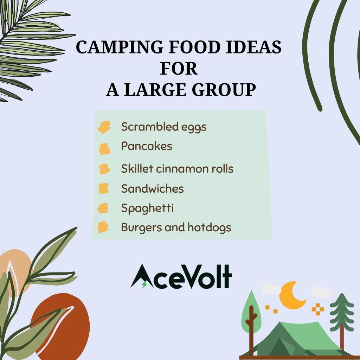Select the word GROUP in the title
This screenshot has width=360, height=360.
pos(224,90)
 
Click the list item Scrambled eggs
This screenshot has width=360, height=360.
pos(164,127)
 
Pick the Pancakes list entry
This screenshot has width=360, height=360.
pos(147,146)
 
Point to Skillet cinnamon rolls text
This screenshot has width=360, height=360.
pos(177,168)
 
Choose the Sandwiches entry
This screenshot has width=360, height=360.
pos(153,188)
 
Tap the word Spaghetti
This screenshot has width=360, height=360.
pos(147,208)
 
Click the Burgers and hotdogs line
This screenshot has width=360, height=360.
pos(176,227)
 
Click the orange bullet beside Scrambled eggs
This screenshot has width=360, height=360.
pos(104,127)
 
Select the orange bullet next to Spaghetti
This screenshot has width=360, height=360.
pos(103,208)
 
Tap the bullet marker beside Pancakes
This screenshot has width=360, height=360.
pos(104,149)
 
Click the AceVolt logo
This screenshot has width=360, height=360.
pos(181,276)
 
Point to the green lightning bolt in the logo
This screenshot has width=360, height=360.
pos(144,284)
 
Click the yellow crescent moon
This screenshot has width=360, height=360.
pos(292,295)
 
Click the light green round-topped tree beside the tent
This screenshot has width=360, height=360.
pos(251,319)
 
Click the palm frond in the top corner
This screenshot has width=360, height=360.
pos(30,46)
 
